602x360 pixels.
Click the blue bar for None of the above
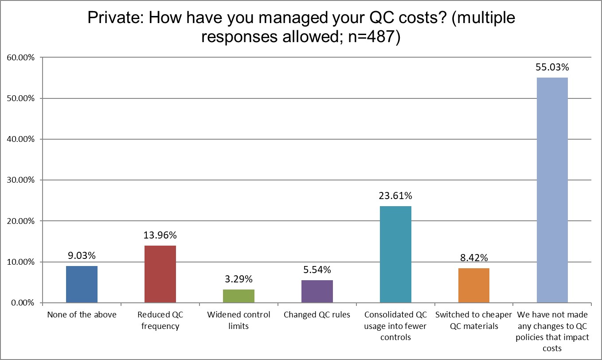tap(82, 284)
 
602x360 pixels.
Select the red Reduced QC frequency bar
tap(160, 274)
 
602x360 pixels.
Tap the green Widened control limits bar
tap(238, 296)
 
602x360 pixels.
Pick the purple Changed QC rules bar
tap(317, 291)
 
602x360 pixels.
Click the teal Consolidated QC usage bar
tap(395, 254)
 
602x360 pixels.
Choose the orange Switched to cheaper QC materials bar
tap(474, 286)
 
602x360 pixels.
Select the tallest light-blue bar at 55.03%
tap(552, 190)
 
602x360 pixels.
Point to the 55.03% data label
tap(552, 68)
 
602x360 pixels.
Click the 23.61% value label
tap(395, 196)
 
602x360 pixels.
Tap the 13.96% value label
tap(160, 235)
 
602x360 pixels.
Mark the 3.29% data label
tap(238, 279)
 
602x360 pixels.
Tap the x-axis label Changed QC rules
tap(317, 315)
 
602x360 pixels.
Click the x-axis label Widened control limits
tap(238, 321)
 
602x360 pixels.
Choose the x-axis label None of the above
tap(82, 315)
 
